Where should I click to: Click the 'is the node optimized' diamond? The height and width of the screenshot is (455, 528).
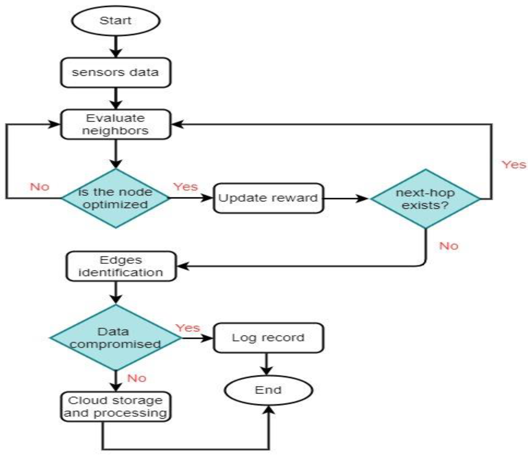click(x=115, y=198)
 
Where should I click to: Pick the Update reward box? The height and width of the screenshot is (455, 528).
click(x=268, y=198)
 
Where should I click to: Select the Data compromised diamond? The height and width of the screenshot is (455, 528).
click(x=115, y=338)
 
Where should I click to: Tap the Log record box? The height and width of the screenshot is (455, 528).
click(x=268, y=338)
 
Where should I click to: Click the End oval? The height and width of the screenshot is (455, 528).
click(x=268, y=390)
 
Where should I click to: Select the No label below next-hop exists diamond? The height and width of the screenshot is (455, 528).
click(x=449, y=246)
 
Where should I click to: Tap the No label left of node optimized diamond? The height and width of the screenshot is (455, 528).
click(x=40, y=187)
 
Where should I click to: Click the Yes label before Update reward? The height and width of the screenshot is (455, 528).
click(x=185, y=187)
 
